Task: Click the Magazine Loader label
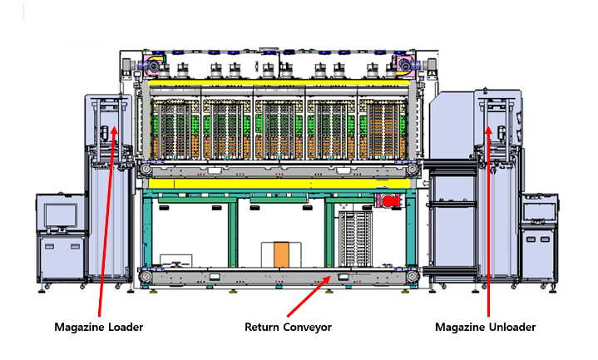coord(99,327)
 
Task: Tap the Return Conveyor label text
coord(288,327)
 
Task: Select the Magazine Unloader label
coord(485,327)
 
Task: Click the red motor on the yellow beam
coord(388,200)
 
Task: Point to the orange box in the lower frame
coord(281,254)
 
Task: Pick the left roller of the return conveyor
coord(146,276)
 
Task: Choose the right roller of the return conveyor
coord(412,276)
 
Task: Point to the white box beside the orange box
coord(176,260)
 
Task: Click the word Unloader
coord(510,327)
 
